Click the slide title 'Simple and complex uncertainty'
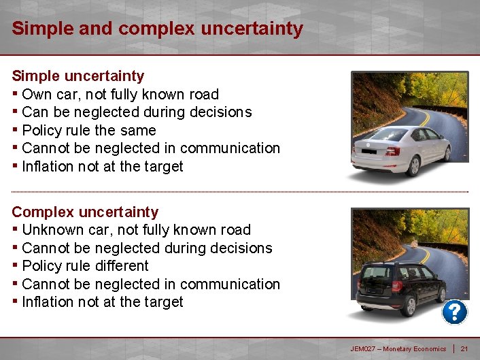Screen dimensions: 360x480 (157, 29)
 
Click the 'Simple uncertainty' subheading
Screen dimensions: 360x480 (78, 76)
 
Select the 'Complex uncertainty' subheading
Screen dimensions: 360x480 (85, 212)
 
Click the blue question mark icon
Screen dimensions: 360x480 (454, 312)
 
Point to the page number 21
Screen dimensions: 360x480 (464, 349)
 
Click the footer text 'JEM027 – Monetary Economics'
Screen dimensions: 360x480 (398, 349)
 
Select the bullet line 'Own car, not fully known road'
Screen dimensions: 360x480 (120, 94)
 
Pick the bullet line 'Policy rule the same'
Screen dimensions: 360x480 (89, 130)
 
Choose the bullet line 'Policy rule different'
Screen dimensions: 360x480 (85, 265)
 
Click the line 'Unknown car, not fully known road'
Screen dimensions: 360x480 (136, 230)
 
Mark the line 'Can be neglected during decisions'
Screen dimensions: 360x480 (137, 112)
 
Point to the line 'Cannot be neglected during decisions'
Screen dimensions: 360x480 (147, 248)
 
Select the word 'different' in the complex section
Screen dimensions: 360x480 (122, 265)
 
